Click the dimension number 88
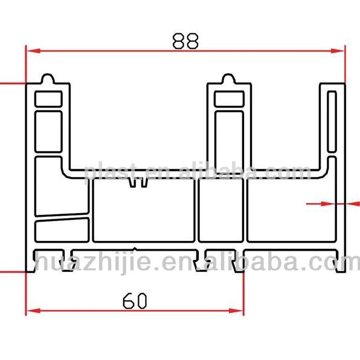(x=185, y=41)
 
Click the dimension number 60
(x=136, y=300)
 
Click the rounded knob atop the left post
(x=48, y=79)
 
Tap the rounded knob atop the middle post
(x=228, y=79)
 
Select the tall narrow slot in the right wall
(x=332, y=121)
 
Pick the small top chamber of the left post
(x=48, y=98)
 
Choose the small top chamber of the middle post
(x=229, y=98)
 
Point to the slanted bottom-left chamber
(x=62, y=230)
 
